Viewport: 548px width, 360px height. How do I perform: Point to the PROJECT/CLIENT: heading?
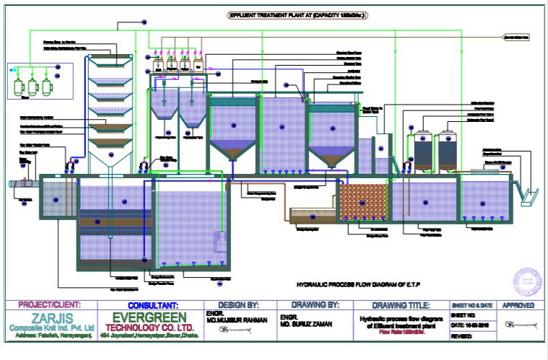pos(50,305)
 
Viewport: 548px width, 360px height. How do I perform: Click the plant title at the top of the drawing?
pos(286,14)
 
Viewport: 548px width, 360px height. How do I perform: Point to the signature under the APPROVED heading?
pos(519,325)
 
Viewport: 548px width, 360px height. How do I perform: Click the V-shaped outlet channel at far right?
pos(529,196)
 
